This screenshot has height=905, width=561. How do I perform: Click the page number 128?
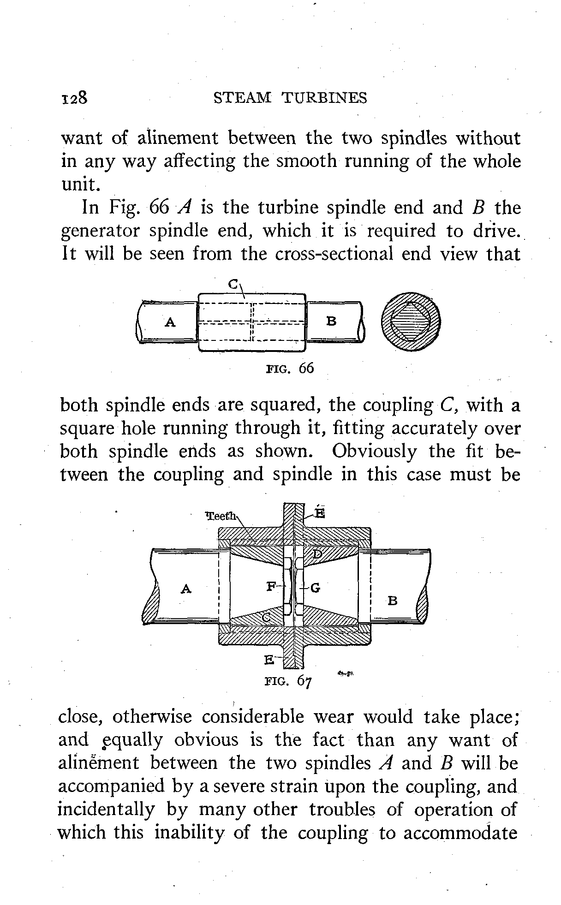click(74, 98)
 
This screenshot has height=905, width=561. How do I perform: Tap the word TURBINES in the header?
click(324, 98)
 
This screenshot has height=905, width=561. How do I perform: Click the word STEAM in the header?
click(244, 98)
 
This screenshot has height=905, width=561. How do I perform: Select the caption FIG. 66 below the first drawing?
click(290, 368)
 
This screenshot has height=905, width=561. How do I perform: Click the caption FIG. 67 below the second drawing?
click(289, 680)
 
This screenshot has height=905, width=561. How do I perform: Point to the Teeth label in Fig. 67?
click(221, 516)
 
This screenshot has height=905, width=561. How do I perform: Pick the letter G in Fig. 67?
click(316, 588)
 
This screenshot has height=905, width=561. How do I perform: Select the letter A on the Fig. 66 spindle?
click(170, 322)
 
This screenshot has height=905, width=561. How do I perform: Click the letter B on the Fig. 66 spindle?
click(331, 322)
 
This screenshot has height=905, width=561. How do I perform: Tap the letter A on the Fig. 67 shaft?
click(186, 589)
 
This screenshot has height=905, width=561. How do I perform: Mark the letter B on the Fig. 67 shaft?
click(393, 601)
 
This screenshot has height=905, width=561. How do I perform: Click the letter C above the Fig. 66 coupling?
click(234, 285)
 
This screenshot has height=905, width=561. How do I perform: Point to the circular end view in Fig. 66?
click(411, 322)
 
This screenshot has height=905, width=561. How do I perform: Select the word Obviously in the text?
click(374, 451)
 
